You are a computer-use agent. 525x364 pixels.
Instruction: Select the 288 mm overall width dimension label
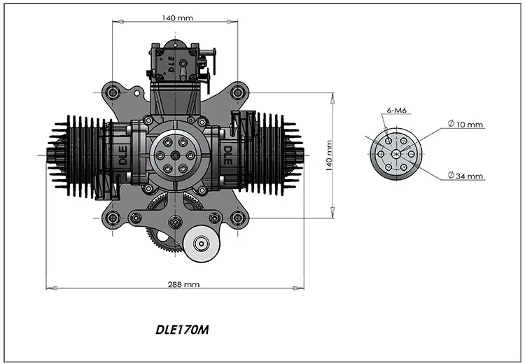(x=184, y=284)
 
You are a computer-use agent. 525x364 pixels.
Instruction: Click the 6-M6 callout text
(x=397, y=111)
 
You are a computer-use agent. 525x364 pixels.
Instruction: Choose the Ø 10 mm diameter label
(x=465, y=125)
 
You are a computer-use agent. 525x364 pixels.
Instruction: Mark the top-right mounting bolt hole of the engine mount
(x=237, y=91)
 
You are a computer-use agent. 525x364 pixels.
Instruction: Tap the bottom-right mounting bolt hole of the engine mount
(x=237, y=217)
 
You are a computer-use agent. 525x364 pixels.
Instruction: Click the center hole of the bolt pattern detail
(x=395, y=153)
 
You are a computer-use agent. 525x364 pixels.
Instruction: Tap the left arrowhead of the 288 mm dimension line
(x=50, y=286)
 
